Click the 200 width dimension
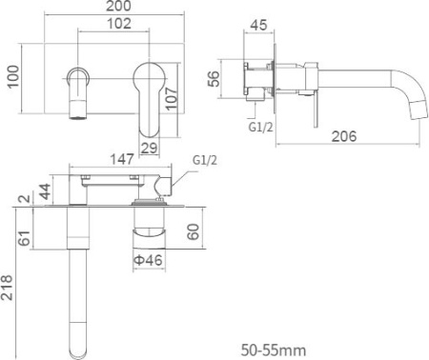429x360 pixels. tap(118, 6)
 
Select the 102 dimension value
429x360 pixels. tap(119, 24)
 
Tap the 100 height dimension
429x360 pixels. tap(12, 77)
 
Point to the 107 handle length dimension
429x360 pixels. tap(172, 98)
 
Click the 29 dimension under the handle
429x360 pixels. tap(149, 148)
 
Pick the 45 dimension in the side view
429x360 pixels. tap(258, 25)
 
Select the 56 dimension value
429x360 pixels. tap(214, 79)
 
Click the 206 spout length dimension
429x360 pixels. tap(344, 136)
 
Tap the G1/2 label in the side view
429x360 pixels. tap(260, 128)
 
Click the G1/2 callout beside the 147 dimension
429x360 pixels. tap(205, 160)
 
